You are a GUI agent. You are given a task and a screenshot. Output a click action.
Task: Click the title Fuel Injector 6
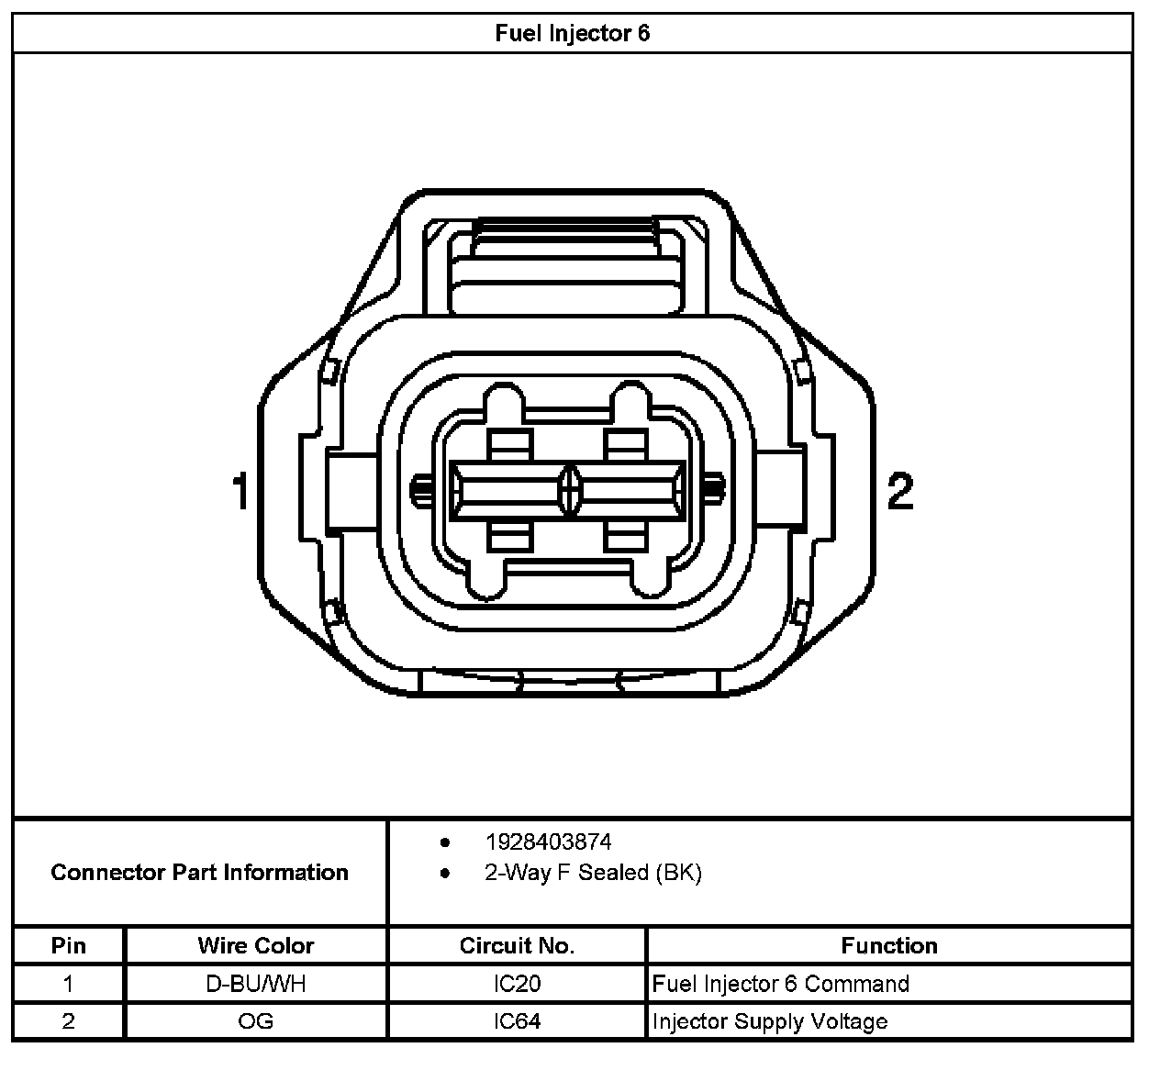pyautogui.click(x=572, y=34)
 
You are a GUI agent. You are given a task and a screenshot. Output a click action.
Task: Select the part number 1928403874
pyautogui.click(x=548, y=842)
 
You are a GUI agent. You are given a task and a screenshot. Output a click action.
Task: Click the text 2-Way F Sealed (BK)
pyautogui.click(x=593, y=873)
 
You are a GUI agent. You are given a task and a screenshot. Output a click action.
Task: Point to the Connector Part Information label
pyautogui.click(x=199, y=873)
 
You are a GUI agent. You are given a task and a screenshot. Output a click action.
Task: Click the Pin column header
pyautogui.click(x=68, y=946)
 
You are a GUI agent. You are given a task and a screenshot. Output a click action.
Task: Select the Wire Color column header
pyautogui.click(x=255, y=946)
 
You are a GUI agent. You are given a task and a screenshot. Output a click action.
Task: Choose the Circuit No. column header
pyautogui.click(x=517, y=946)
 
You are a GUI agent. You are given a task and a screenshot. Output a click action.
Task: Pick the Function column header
pyautogui.click(x=888, y=946)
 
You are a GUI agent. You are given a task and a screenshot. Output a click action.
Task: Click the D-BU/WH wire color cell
pyautogui.click(x=255, y=985)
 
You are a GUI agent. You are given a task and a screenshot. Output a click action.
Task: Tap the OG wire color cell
pyautogui.click(x=255, y=1022)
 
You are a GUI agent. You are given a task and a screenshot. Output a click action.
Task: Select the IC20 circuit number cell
pyautogui.click(x=517, y=985)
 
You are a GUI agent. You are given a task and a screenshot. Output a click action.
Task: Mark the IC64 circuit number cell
pyautogui.click(x=517, y=1022)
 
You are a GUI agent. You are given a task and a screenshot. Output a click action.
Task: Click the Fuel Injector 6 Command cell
pyautogui.click(x=780, y=985)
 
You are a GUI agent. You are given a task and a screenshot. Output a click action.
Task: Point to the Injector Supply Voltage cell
pyautogui.click(x=769, y=1022)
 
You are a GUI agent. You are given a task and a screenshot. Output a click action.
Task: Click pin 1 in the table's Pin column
pyautogui.click(x=68, y=985)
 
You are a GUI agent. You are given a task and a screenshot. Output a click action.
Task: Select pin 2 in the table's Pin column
pyautogui.click(x=68, y=1022)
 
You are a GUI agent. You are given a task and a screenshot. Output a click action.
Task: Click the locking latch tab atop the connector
pyautogui.click(x=564, y=266)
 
